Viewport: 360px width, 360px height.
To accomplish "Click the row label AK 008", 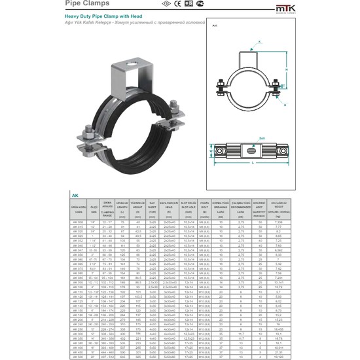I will click(x=77, y=222).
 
